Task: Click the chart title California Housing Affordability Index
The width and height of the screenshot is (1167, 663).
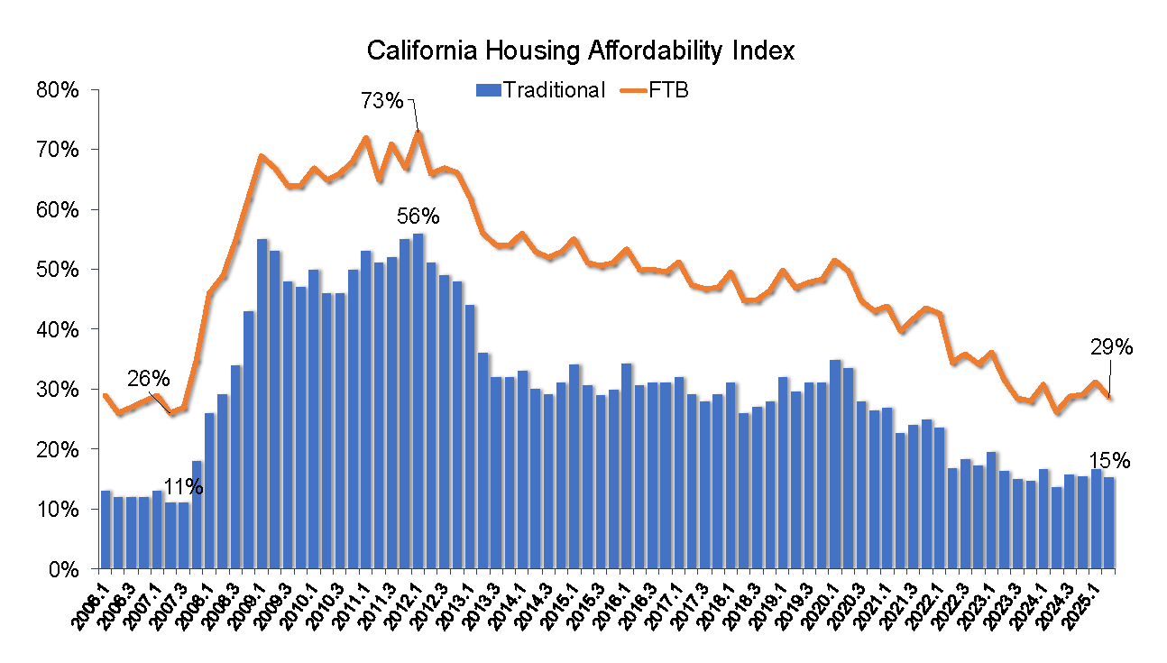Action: [581, 51]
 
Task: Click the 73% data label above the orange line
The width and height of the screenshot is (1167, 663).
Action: [382, 101]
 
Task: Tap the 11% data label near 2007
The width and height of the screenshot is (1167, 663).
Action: [183, 487]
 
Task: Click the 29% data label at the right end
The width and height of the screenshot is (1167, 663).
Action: [1112, 347]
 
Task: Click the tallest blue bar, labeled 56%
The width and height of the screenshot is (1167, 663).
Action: [418, 401]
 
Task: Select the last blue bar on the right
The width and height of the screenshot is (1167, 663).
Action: [1109, 523]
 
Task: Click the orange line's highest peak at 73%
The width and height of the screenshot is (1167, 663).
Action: [418, 133]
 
